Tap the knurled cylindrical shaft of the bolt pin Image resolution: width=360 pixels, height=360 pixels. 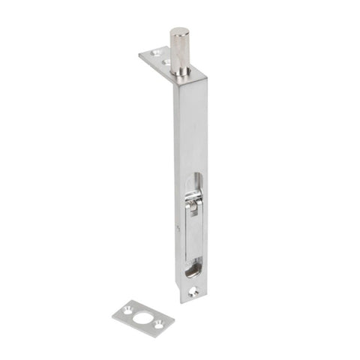coord(179,52)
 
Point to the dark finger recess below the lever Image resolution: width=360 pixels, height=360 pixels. coord(193,266)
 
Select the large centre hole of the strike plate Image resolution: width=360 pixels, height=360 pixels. coord(142,318)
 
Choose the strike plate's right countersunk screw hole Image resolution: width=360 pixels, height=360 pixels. coord(158,324)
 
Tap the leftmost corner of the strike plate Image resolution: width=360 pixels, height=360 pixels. coord(112,313)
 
